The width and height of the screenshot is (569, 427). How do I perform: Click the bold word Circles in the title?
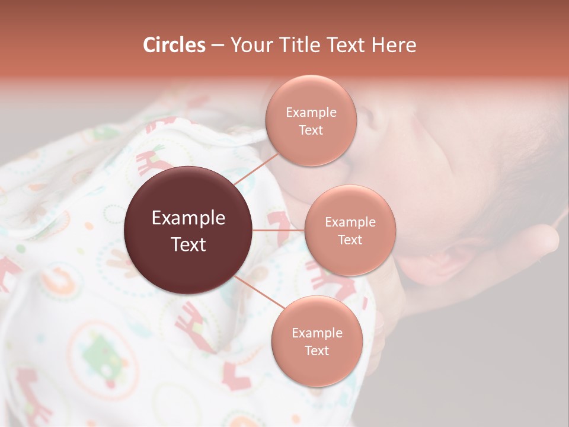coord(174,45)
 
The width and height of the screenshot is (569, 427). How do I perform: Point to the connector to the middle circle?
coord(279,230)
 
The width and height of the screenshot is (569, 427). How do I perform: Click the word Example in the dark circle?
coord(188,218)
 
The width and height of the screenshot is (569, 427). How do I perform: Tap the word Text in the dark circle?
coord(188,244)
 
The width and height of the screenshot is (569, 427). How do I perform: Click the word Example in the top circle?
coord(311,113)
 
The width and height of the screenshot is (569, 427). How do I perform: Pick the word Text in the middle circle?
coord(350,240)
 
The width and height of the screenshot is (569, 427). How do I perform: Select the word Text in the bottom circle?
coord(317,351)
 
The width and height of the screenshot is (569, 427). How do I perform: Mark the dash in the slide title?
coord(218,46)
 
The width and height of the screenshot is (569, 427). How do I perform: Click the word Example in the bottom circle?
coord(317,333)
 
